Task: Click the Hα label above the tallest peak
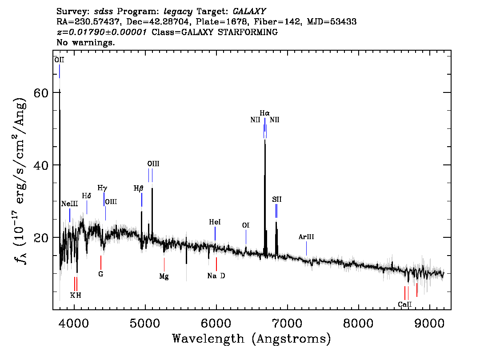point(265,114)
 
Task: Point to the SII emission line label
point(277,200)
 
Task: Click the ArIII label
point(306,237)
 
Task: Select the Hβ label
point(138,188)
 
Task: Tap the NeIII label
point(69,204)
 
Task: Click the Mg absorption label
point(164,276)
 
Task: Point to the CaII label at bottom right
point(405,304)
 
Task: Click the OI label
point(246,225)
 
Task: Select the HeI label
point(215,222)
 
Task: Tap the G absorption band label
point(101,274)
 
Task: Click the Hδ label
point(87,196)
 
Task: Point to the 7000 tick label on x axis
point(287,321)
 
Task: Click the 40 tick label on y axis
point(41,165)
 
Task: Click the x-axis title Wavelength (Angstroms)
point(252,339)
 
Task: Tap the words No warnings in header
point(86,43)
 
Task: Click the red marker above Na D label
point(216,264)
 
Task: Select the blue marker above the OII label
point(60,71)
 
